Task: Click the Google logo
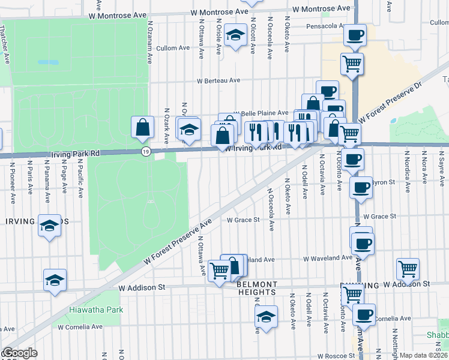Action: coord(20,353)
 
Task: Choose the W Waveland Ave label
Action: coord(327,259)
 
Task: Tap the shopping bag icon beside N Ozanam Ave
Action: coord(143,127)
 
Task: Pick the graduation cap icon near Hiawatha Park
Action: coord(55,280)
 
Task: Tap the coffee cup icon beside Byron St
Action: coord(361,187)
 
